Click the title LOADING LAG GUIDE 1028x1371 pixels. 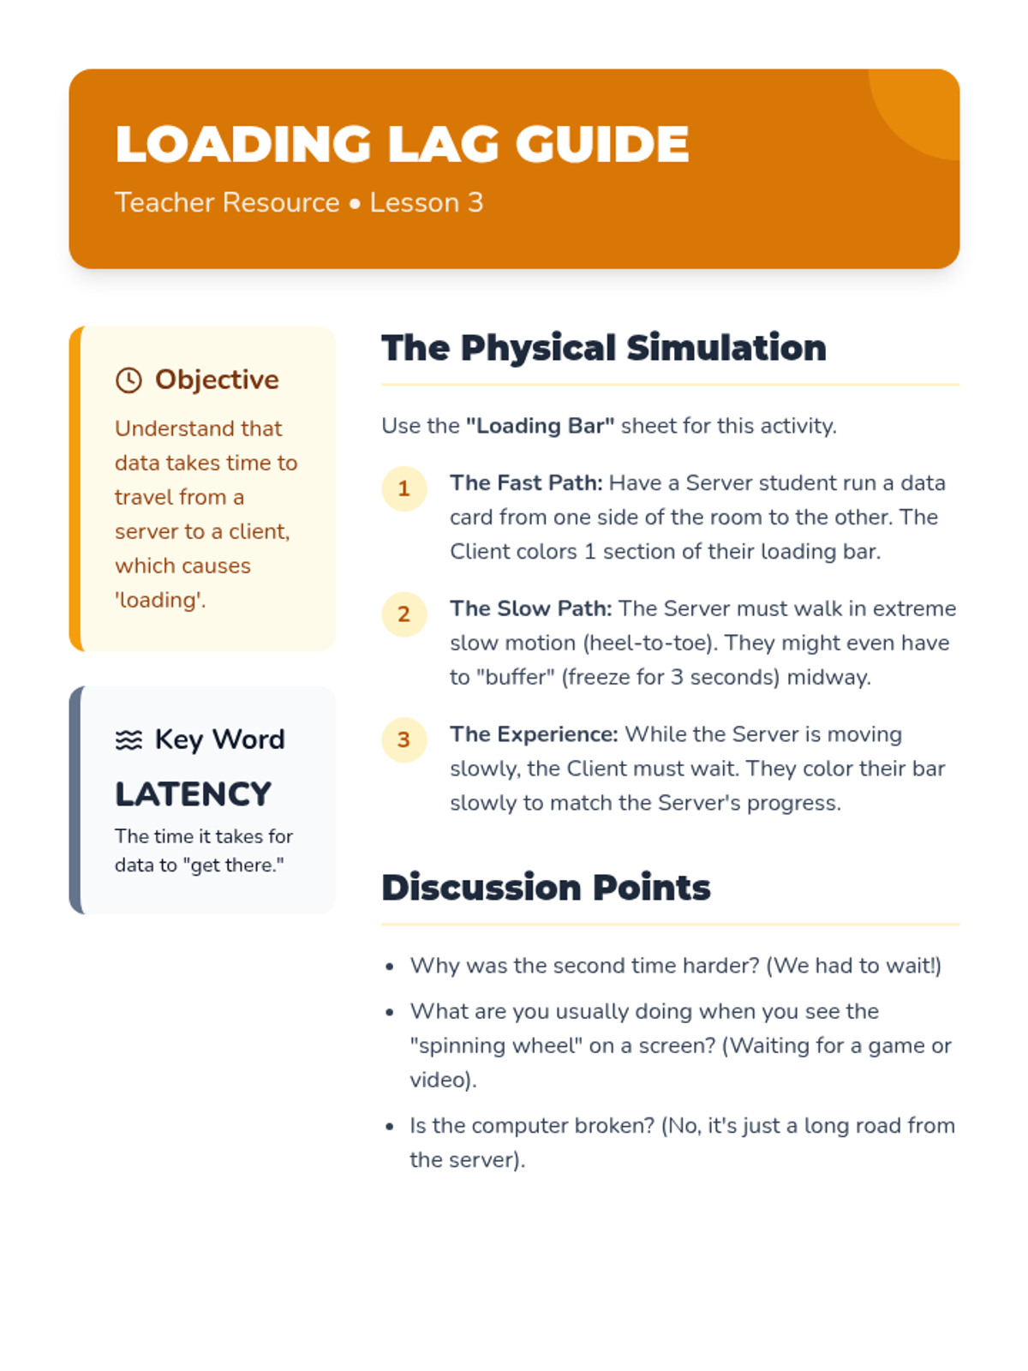402,144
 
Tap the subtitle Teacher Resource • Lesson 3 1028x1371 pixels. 299,203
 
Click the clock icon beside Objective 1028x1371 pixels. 128,380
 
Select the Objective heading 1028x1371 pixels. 217,380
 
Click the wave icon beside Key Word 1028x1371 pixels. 128,739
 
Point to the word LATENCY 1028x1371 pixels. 194,794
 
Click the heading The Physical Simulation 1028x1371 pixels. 604,348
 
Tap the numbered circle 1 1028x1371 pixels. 404,489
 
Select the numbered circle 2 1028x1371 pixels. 404,614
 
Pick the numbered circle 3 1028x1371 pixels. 404,739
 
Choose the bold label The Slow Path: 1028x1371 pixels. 531,608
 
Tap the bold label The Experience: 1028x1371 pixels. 534,734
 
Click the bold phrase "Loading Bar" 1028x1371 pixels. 540,426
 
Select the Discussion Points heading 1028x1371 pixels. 546,888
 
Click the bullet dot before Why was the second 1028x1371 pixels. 390,967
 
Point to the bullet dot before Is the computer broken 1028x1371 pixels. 390,1127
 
